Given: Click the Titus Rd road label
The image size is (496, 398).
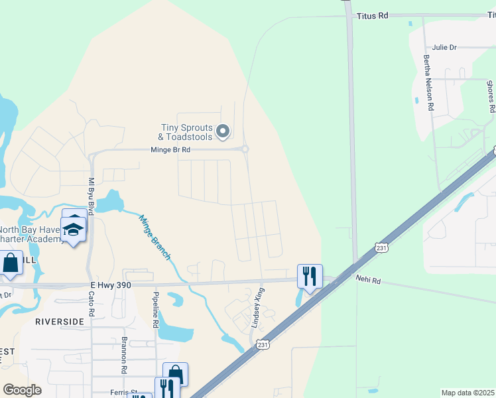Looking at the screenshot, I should [372, 15].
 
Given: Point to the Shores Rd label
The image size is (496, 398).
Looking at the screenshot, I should [490, 96].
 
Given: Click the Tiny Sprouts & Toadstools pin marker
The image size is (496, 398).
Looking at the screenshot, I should [223, 131].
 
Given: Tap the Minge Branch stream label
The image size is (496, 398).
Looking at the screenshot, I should [155, 237].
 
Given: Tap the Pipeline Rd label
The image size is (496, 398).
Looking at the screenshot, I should [156, 310].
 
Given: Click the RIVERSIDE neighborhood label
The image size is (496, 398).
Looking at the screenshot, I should [60, 321].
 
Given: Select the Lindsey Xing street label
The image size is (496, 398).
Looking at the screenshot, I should [257, 307].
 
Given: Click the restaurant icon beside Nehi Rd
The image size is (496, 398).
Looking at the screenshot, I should [310, 275].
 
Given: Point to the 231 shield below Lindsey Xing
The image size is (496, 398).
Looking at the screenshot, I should [263, 345].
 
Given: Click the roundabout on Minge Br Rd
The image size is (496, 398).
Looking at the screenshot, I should [245, 149].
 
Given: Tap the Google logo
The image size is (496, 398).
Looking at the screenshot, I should [22, 390].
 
